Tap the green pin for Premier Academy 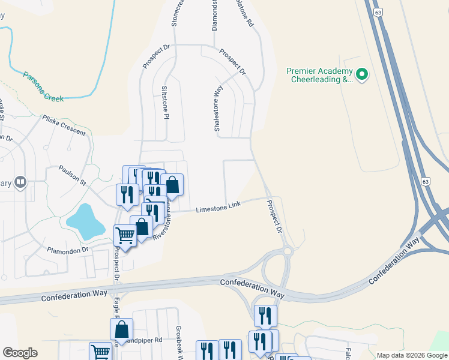coord(362,74)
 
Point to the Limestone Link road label coord(218,207)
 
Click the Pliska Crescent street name coord(64,125)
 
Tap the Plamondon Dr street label coord(68,249)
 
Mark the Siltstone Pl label coord(164,102)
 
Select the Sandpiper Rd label coord(147,340)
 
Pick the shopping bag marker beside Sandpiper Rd coord(121,328)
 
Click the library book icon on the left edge coord(20,182)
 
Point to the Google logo coord(20,353)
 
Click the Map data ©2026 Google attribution coord(412,355)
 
